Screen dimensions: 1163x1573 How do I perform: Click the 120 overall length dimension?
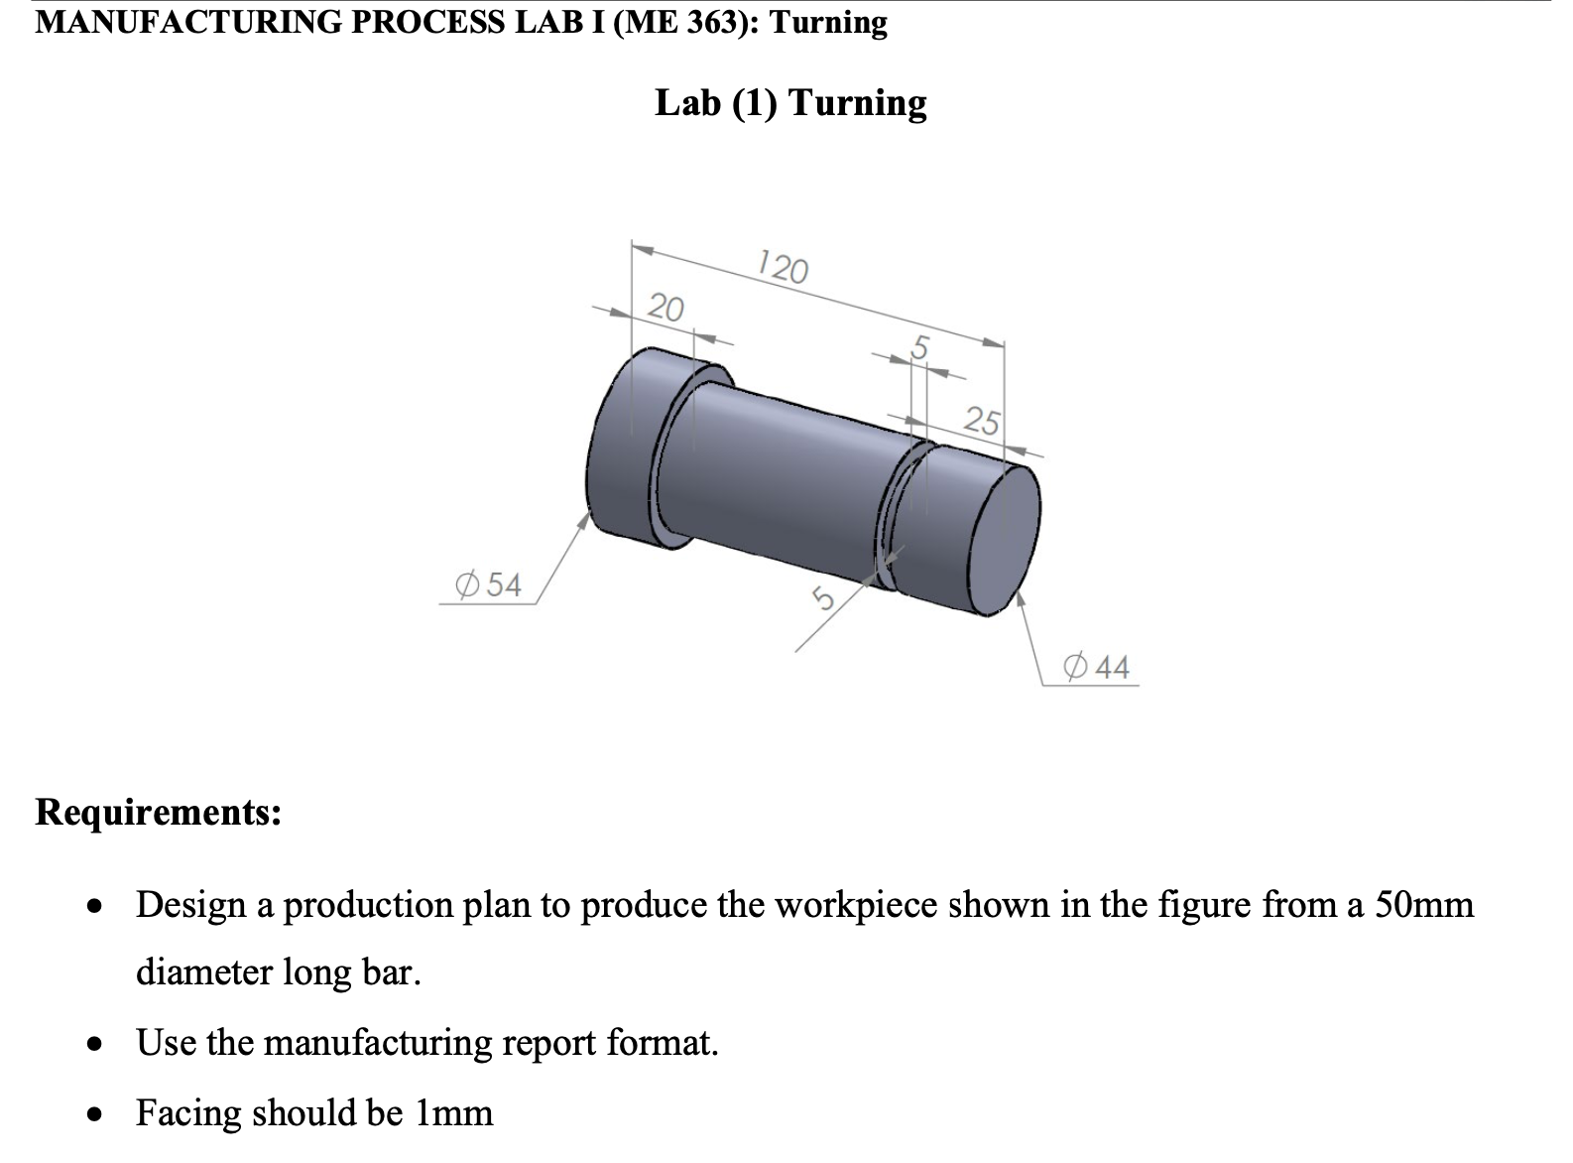click(782, 268)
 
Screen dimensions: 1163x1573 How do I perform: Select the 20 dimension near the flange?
click(665, 308)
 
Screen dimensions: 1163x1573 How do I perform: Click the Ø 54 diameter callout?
click(488, 584)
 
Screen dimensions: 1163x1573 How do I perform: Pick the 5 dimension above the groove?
click(919, 347)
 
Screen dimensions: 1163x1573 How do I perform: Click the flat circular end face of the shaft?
click(1004, 541)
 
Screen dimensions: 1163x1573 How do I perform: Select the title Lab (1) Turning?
click(790, 102)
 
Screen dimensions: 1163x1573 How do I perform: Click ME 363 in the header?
click(690, 21)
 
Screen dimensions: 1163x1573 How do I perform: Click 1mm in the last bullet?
click(453, 1112)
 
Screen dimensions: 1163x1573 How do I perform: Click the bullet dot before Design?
click(94, 906)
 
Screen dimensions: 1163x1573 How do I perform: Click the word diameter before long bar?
click(203, 971)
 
